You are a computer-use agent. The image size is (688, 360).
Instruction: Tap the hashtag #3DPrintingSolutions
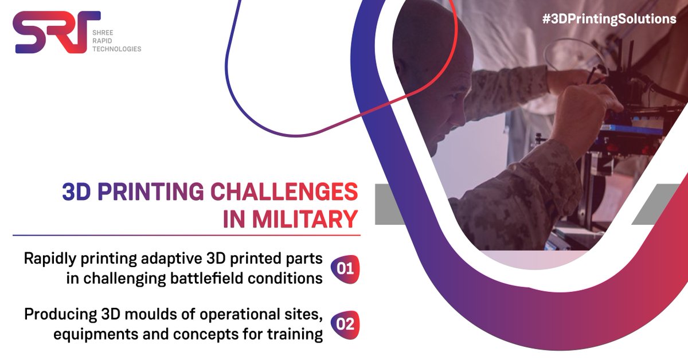tap(609, 19)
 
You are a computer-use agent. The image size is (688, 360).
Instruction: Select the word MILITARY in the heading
tap(305, 220)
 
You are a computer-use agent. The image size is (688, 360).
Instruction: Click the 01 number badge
tap(345, 268)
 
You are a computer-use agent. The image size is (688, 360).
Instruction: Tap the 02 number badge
tap(345, 324)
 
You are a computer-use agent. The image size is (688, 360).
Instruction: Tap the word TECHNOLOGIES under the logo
tap(116, 49)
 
